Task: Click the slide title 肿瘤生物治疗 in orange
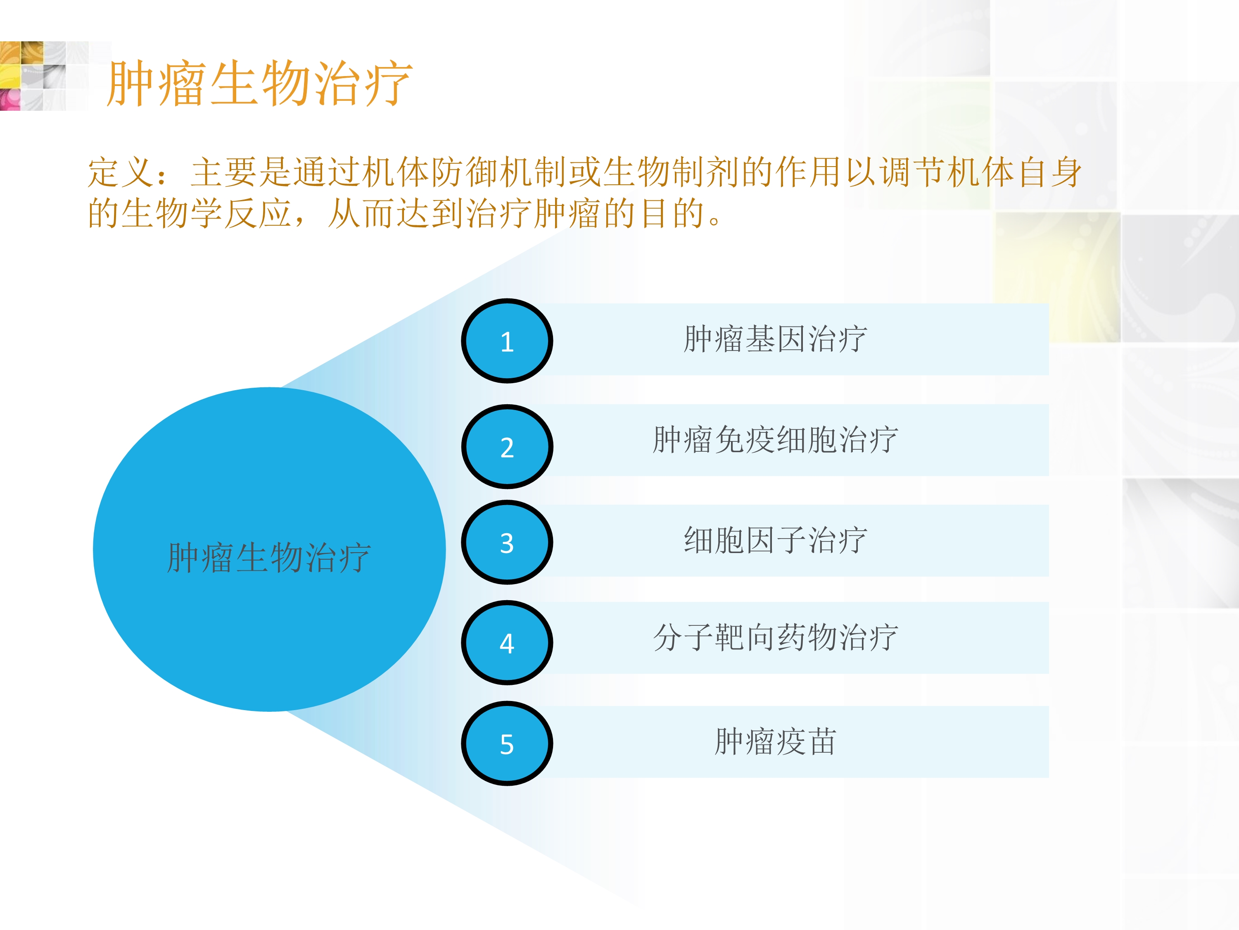pos(260,83)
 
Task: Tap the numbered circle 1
pos(507,341)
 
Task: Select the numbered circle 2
pos(507,447)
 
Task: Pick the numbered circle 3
pos(507,542)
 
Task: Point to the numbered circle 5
pos(507,744)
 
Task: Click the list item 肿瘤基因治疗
pos(776,340)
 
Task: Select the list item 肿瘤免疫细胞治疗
pos(776,440)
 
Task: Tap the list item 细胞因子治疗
pos(776,541)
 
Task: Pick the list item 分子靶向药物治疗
pos(776,638)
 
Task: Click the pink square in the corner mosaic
pos(9,99)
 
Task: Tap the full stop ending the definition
pos(714,220)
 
